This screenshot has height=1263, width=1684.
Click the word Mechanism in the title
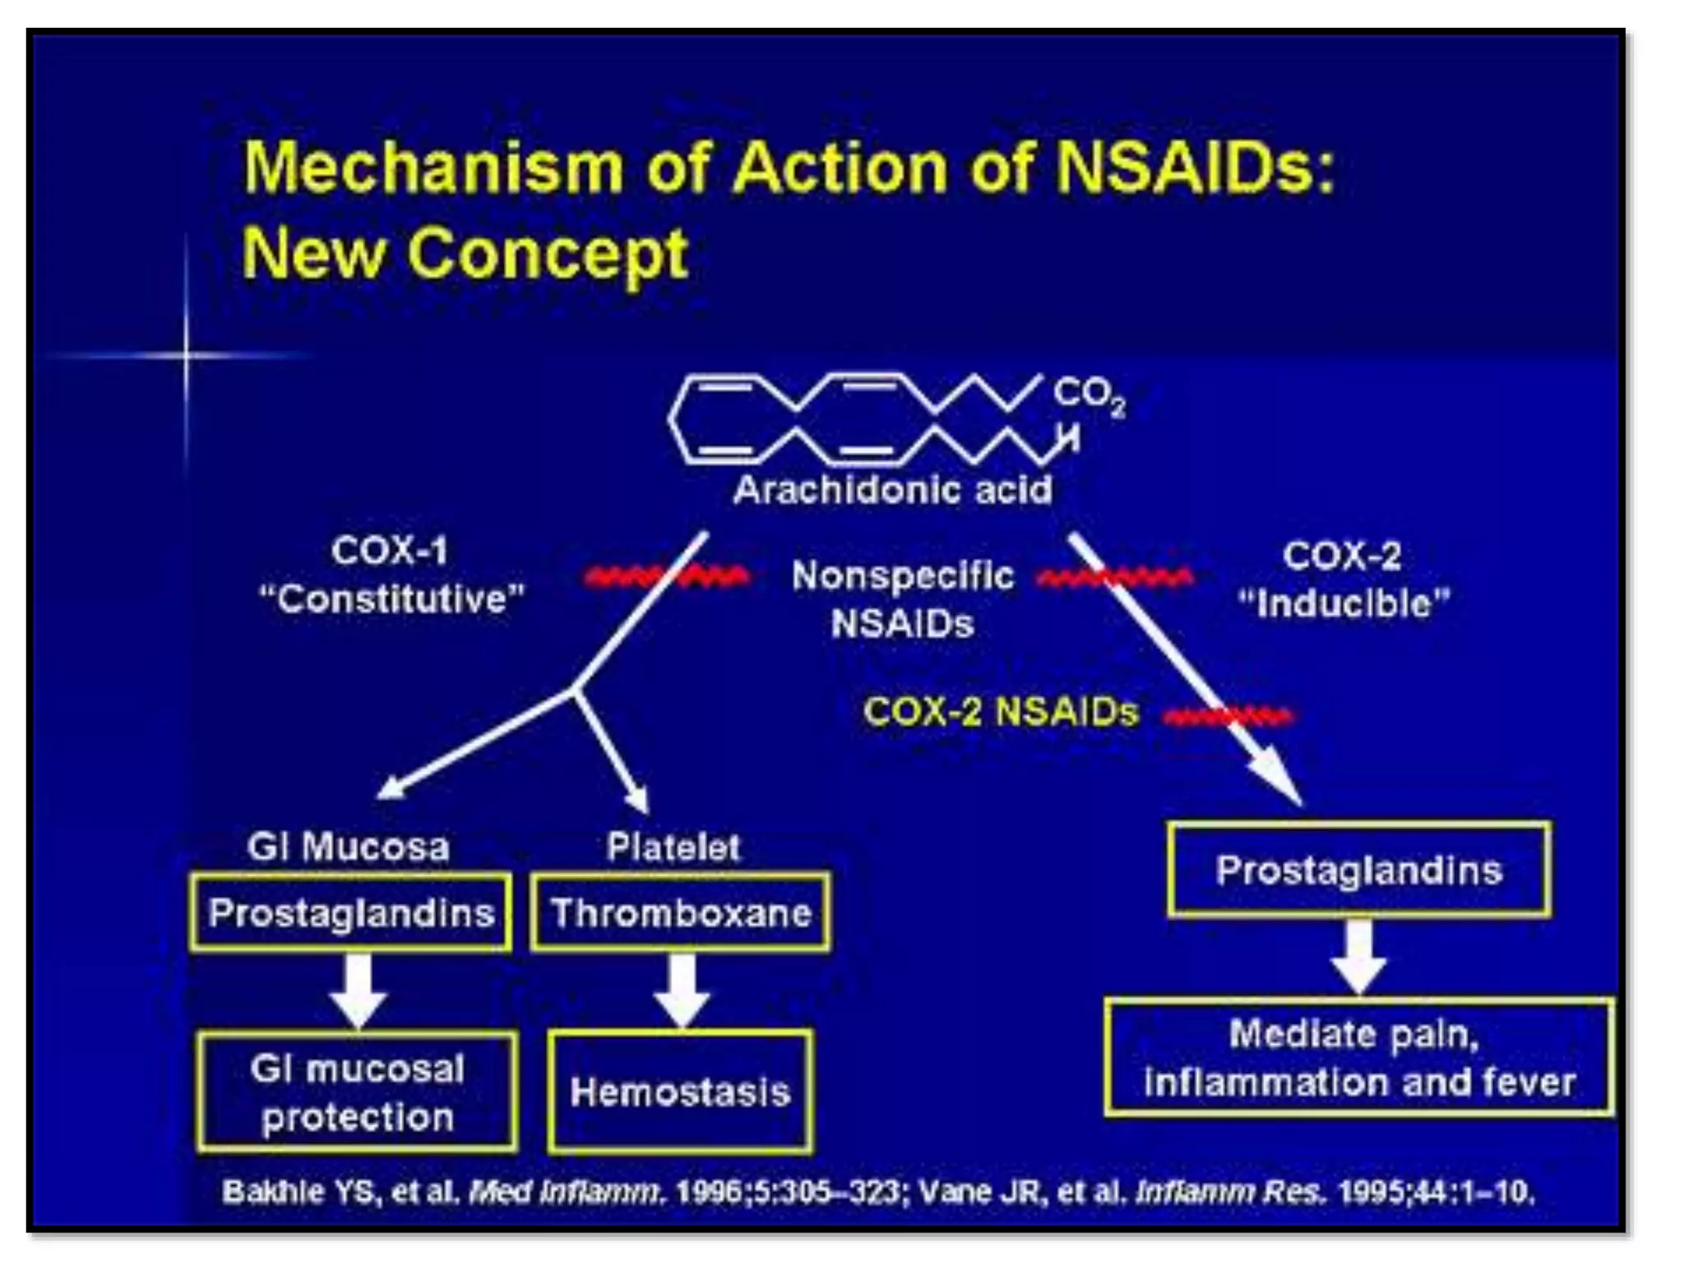(433, 168)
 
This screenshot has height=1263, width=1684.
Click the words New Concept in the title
(465, 254)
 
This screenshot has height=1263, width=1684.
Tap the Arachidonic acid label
(892, 490)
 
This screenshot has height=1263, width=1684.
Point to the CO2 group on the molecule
(1088, 396)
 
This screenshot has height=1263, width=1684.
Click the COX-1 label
(389, 551)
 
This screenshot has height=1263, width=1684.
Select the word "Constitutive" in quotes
(391, 599)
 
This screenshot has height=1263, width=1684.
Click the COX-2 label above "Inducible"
(1341, 557)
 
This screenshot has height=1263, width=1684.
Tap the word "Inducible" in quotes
(1344, 604)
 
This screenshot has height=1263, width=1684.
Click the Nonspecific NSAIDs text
(902, 599)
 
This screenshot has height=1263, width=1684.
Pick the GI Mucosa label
(348, 847)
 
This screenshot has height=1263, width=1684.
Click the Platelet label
(673, 847)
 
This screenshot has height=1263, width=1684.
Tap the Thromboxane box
(680, 913)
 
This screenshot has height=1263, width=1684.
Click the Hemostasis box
(680, 1092)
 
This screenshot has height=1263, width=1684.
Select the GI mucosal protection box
(357, 1092)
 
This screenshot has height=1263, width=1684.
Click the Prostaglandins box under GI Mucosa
(350, 913)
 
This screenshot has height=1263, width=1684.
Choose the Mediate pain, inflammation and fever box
(1358, 1057)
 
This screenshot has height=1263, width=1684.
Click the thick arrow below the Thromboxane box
(682, 990)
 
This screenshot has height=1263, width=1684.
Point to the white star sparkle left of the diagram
(187, 355)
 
